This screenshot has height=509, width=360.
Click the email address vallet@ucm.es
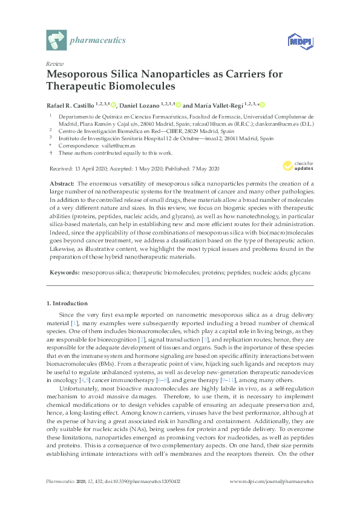click(x=106, y=146)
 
